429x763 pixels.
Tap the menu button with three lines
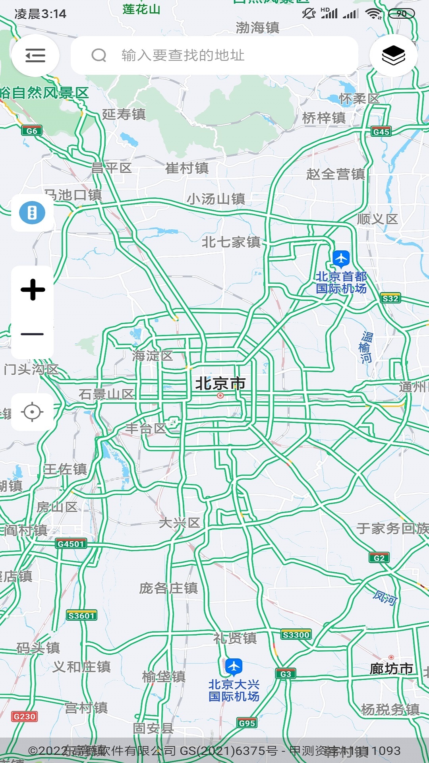[35, 56]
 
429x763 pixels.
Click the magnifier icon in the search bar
[99, 56]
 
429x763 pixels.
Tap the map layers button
[393, 56]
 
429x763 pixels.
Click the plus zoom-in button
[33, 289]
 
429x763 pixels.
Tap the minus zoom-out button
[33, 334]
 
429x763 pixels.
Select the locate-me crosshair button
[33, 412]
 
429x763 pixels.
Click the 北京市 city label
[220, 384]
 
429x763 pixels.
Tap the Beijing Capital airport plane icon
[341, 259]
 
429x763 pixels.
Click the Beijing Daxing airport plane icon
[234, 666]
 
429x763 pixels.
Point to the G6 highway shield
[32, 131]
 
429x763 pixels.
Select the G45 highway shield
[381, 132]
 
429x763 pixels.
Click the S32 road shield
[390, 298]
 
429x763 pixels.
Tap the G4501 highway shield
[71, 544]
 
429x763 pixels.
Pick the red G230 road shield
[25, 717]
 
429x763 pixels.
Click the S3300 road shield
[296, 635]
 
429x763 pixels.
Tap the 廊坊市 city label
[391, 669]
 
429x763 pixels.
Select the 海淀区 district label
[153, 356]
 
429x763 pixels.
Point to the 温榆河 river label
[366, 347]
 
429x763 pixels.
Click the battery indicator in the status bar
[401, 14]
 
